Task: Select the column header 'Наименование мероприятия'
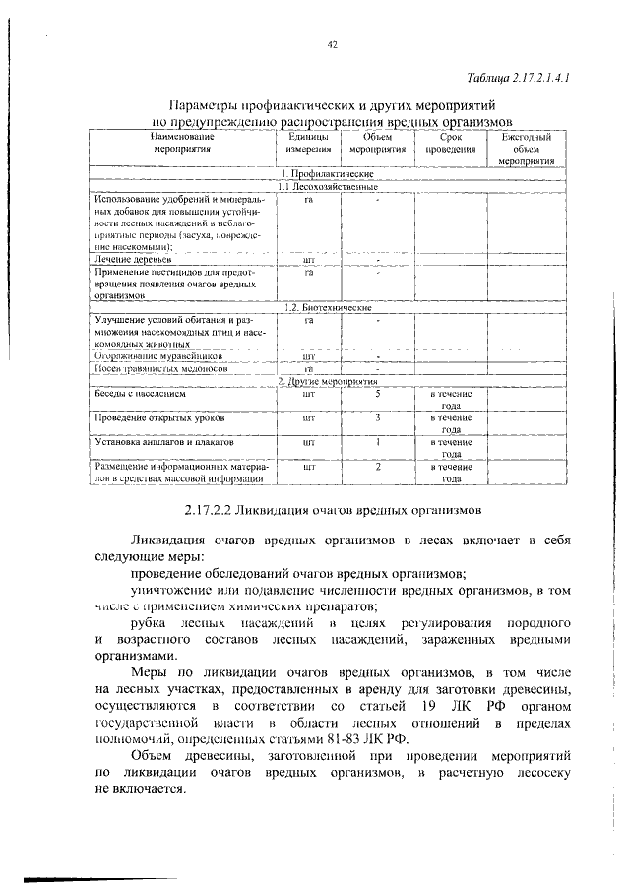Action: click(182, 145)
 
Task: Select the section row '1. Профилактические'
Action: click(332, 173)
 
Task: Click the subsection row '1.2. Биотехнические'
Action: click(331, 307)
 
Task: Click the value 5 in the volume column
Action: click(378, 393)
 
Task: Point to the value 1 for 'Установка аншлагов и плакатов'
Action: click(378, 442)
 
